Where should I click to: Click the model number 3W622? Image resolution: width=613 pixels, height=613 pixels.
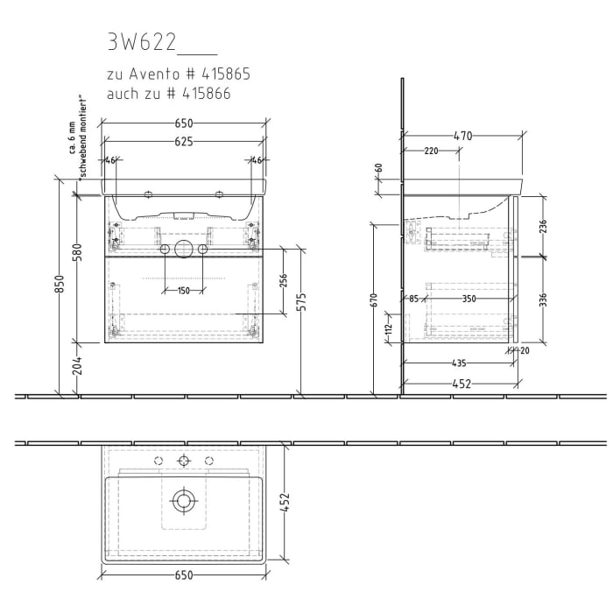tap(141, 42)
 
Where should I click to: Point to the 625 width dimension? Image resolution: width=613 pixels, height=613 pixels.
tap(183, 141)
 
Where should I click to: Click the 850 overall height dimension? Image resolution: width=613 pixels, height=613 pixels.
tap(60, 285)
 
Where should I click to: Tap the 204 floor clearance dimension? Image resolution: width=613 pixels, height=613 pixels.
tap(77, 367)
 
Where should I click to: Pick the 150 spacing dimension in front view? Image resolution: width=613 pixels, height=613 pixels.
tap(183, 291)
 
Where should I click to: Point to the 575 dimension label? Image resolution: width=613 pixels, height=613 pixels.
tap(301, 301)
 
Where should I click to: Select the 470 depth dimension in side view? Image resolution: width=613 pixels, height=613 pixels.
tap(463, 136)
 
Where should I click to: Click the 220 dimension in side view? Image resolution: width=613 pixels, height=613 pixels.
tap(431, 151)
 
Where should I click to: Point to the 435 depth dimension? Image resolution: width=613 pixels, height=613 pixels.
tap(458, 363)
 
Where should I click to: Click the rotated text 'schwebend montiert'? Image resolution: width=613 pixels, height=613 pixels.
tap(80, 136)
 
